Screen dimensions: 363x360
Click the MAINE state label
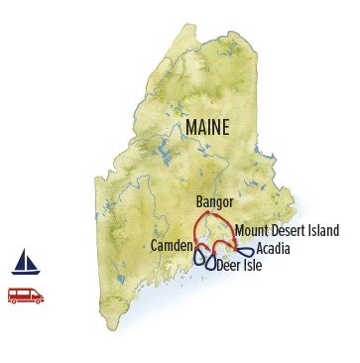pyautogui.click(x=206, y=128)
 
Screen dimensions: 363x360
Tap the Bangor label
pyautogui.click(x=215, y=202)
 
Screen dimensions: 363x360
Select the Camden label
pyautogui.click(x=172, y=245)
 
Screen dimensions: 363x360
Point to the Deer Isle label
pyautogui.click(x=240, y=266)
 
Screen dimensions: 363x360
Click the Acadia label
pyautogui.click(x=273, y=249)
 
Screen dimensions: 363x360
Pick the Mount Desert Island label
pyautogui.click(x=287, y=231)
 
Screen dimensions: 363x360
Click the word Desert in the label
pyautogui.click(x=290, y=231)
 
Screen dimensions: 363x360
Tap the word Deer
pyautogui.click(x=228, y=266)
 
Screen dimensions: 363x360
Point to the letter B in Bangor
pyautogui.click(x=200, y=202)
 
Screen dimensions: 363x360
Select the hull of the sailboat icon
pyautogui.click(x=25, y=272)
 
